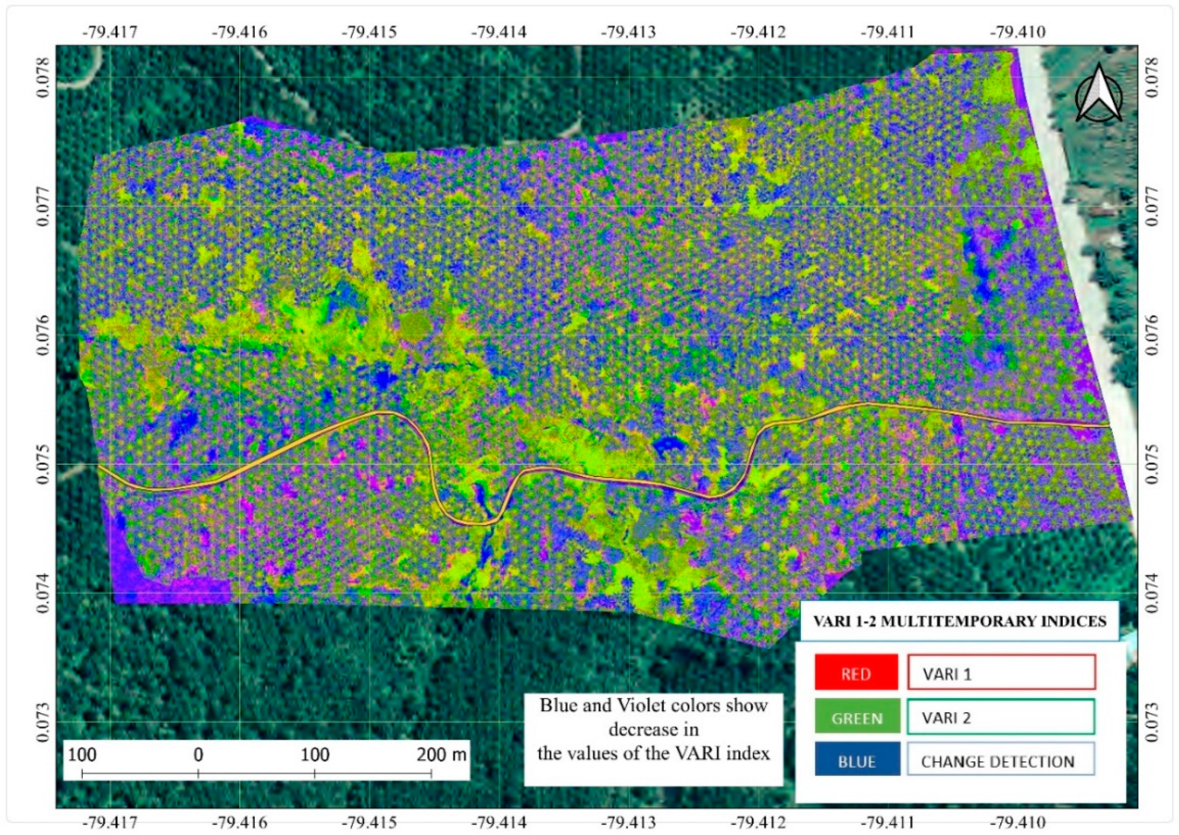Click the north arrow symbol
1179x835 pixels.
pos(1099,93)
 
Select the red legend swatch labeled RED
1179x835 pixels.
pos(856,674)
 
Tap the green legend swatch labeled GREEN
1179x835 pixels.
pos(857,718)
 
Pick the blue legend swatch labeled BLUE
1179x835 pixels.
pos(857,761)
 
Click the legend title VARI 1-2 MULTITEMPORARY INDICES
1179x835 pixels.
pos(959,621)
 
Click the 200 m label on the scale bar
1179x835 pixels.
pos(441,755)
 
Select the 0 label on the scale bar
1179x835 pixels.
pos(198,755)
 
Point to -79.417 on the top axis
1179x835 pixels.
pos(110,33)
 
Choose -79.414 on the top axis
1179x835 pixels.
pos(499,33)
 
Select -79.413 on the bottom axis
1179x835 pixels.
pos(628,822)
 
